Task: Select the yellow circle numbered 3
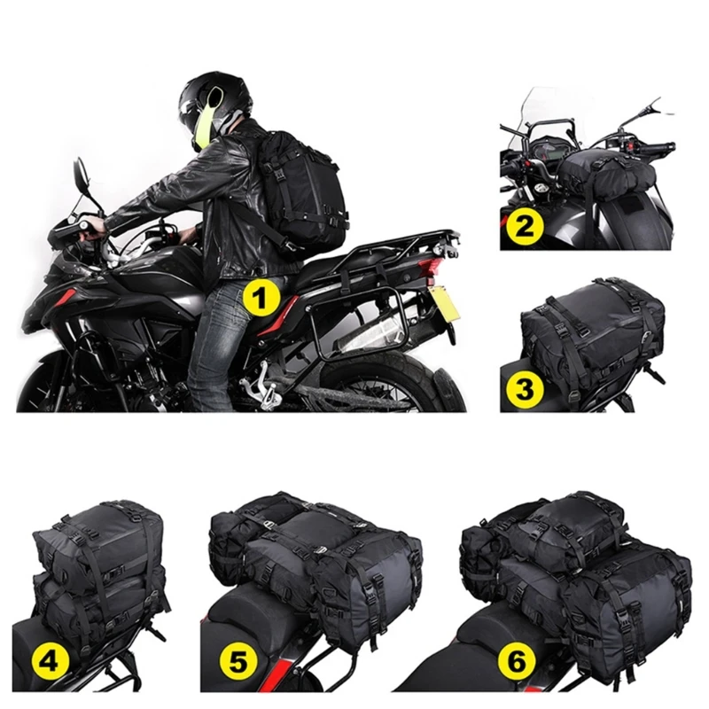pyautogui.click(x=525, y=386)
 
